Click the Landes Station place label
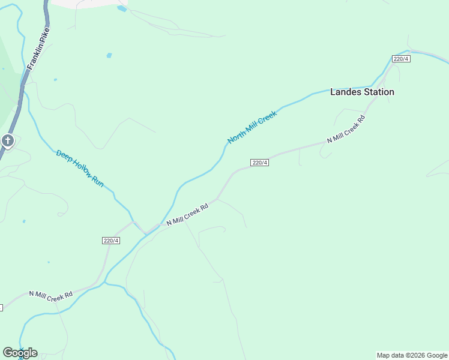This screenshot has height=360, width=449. [x=362, y=92]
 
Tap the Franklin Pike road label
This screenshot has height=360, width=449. [x=37, y=55]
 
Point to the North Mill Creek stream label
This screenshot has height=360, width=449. [x=252, y=127]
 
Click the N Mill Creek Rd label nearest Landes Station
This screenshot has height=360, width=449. [x=346, y=129]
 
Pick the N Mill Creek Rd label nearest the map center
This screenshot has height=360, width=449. [x=187, y=214]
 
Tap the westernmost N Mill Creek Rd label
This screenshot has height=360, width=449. [x=51, y=295]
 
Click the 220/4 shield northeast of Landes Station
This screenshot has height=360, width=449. [x=400, y=58]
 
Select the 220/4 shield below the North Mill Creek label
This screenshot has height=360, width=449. [x=259, y=163]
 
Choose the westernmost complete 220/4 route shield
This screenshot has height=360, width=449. [x=111, y=241]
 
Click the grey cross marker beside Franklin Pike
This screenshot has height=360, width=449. [x=8, y=141]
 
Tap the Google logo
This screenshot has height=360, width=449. [x=20, y=353]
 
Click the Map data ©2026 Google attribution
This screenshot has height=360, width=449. [x=412, y=355]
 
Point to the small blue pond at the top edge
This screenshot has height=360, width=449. [x=122, y=8]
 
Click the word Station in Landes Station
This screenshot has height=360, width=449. [x=378, y=92]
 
